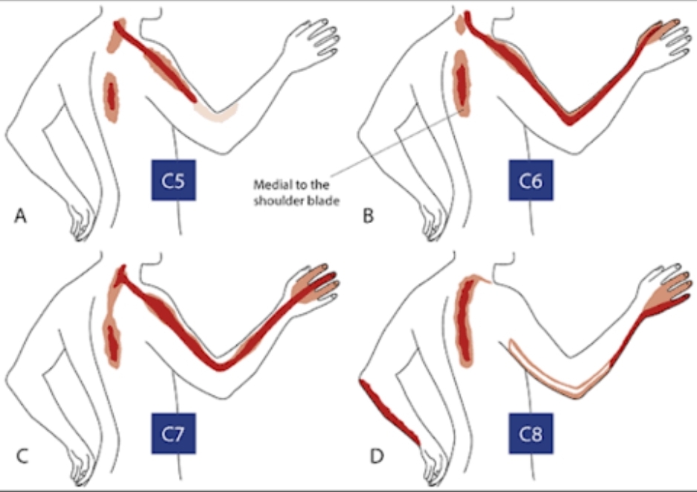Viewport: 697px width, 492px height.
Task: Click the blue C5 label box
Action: (173, 180)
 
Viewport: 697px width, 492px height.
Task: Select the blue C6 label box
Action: (531, 180)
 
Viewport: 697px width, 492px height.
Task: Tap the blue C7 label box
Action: (173, 433)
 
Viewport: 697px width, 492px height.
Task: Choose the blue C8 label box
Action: (531, 433)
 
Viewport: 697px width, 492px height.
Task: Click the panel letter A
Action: (21, 216)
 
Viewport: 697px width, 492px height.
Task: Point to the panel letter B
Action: (368, 216)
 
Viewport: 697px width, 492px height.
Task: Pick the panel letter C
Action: (22, 456)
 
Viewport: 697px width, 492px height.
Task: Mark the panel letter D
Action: (377, 456)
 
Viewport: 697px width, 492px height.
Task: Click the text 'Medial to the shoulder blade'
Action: (296, 192)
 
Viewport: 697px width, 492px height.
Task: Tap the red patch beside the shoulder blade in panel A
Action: (111, 98)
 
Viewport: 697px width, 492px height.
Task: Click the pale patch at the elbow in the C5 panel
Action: (216, 112)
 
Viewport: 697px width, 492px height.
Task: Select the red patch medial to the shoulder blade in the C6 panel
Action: (462, 83)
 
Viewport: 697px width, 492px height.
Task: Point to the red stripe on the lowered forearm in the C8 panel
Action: (389, 412)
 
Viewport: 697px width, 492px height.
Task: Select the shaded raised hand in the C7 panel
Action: (314, 285)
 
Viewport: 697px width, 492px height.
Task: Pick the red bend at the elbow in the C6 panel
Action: (569, 117)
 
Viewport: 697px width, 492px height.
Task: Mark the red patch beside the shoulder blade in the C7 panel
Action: (112, 340)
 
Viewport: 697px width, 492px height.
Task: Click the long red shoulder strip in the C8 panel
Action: (464, 320)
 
